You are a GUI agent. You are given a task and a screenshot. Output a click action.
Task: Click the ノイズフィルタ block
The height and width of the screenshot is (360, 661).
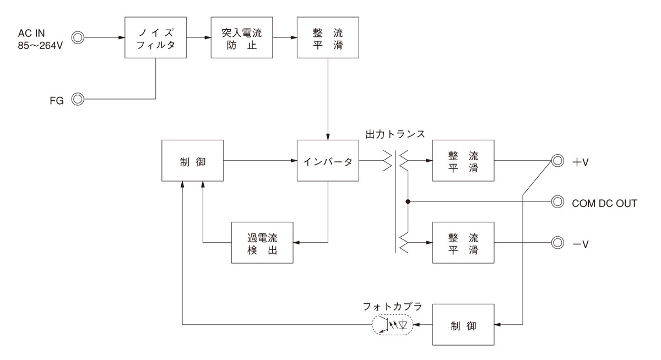[x=156, y=37]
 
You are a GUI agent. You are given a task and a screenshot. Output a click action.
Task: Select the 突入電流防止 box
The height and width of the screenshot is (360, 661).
[x=242, y=37]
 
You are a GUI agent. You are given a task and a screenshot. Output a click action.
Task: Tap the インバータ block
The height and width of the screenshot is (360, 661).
[x=328, y=161]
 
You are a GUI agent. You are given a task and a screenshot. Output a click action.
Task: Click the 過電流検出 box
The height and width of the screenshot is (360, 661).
[x=262, y=242]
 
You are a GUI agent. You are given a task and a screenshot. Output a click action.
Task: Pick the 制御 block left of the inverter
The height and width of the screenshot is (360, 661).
[x=193, y=161]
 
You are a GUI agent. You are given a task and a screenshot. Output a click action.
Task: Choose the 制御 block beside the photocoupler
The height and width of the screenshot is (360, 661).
[x=463, y=325]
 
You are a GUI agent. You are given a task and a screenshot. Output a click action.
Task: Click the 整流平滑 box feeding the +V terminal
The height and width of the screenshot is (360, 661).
[x=463, y=161]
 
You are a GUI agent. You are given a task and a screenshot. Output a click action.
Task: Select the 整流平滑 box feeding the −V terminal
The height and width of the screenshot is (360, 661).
[x=463, y=242]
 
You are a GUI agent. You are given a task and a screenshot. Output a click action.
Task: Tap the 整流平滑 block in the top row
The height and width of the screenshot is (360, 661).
[x=328, y=37]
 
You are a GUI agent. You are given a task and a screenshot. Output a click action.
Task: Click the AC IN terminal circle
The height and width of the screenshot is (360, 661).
[x=78, y=38]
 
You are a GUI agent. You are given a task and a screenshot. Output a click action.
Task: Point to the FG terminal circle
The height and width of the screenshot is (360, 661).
[x=78, y=99]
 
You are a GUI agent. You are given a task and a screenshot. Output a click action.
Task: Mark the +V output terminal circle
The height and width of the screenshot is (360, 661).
[x=558, y=161]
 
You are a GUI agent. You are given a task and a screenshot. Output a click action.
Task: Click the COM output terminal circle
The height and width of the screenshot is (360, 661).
[x=558, y=201]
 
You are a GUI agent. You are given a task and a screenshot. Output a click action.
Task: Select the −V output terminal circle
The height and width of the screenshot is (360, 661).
[x=558, y=242]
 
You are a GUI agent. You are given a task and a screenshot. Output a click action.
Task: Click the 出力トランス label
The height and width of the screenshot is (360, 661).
[x=395, y=135]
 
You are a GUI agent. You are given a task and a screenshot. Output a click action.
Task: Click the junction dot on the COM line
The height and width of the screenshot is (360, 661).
[x=408, y=201]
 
